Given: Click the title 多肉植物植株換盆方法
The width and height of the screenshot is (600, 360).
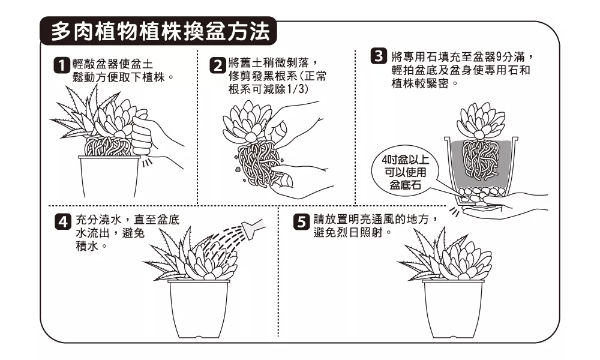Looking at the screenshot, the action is pos(160,31).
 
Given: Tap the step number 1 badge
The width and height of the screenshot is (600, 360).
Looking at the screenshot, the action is pos(61,65).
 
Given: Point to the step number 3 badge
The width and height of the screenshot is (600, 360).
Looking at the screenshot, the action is pos(379,56).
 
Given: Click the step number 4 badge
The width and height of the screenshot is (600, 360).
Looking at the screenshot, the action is pos(64,221).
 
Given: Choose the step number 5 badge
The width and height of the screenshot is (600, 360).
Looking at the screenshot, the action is pos(301,221).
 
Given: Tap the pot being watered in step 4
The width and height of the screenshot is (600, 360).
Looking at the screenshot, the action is pos(199,308).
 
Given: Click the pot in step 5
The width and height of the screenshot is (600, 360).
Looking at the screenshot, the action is pos(453,308).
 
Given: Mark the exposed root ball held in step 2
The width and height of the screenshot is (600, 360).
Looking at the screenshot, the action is pos(258,163).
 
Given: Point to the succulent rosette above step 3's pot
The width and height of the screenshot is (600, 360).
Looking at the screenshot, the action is pos(480,121).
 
